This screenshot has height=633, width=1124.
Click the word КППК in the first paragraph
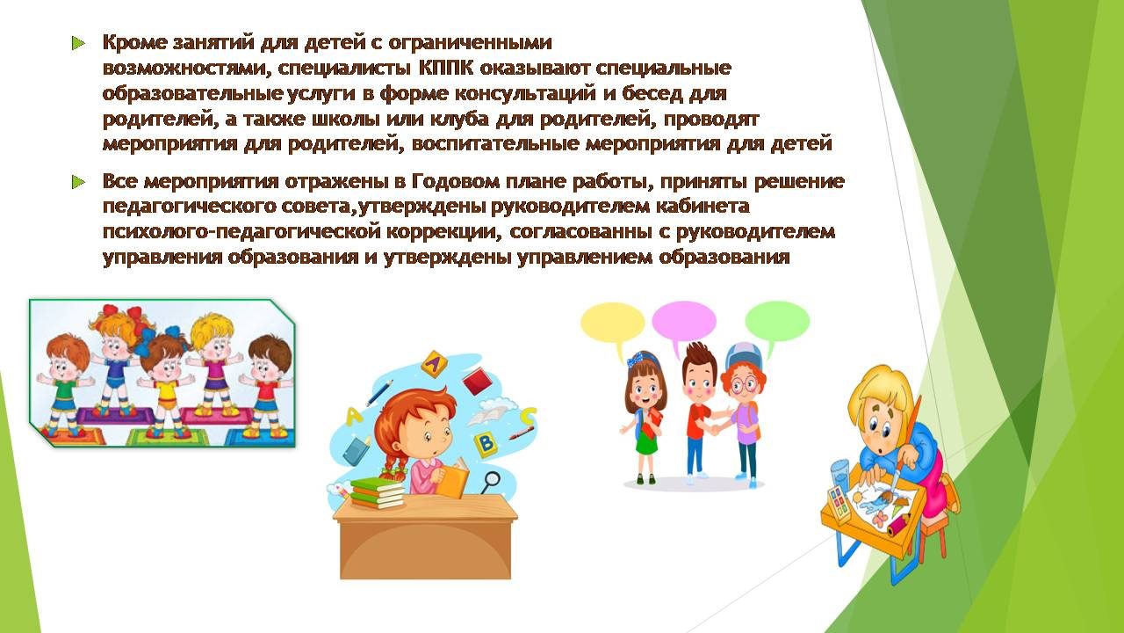[x=445, y=68]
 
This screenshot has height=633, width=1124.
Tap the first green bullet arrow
[x=78, y=43]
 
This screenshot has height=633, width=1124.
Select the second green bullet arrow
[x=78, y=181]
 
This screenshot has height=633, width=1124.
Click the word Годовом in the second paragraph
[x=455, y=181]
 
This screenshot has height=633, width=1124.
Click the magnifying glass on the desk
[x=491, y=481]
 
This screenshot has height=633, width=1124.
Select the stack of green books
[x=378, y=493]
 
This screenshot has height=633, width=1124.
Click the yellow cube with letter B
[x=486, y=444]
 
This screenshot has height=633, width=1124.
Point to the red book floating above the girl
[x=479, y=382]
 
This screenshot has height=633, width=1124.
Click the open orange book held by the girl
[x=452, y=477]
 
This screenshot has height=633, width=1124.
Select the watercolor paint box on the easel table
[x=839, y=501]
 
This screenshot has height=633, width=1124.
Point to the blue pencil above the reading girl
[x=378, y=393]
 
